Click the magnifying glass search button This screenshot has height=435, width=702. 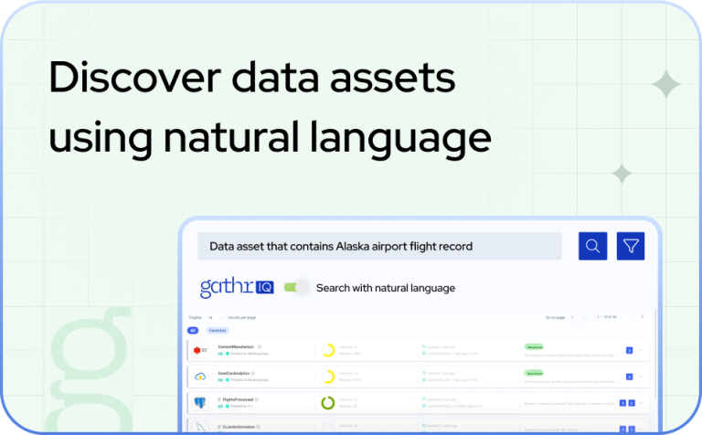pyautogui.click(x=592, y=246)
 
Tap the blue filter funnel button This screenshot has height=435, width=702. pyautogui.click(x=631, y=246)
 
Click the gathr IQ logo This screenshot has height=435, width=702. pyautogui.click(x=236, y=288)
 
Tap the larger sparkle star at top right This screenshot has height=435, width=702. pyautogui.click(x=666, y=85)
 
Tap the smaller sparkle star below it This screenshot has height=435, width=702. pyautogui.click(x=622, y=174)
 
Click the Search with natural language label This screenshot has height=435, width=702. pyautogui.click(x=385, y=288)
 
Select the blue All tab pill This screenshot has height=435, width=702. pyautogui.click(x=193, y=330)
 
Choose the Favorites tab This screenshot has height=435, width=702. pyautogui.click(x=218, y=330)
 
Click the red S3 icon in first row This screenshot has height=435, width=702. pyautogui.click(x=200, y=350)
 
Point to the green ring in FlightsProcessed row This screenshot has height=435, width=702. pyautogui.click(x=327, y=402)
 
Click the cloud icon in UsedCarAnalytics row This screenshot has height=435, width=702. pyautogui.click(x=200, y=377)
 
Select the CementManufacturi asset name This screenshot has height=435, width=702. pyautogui.click(x=237, y=346)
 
